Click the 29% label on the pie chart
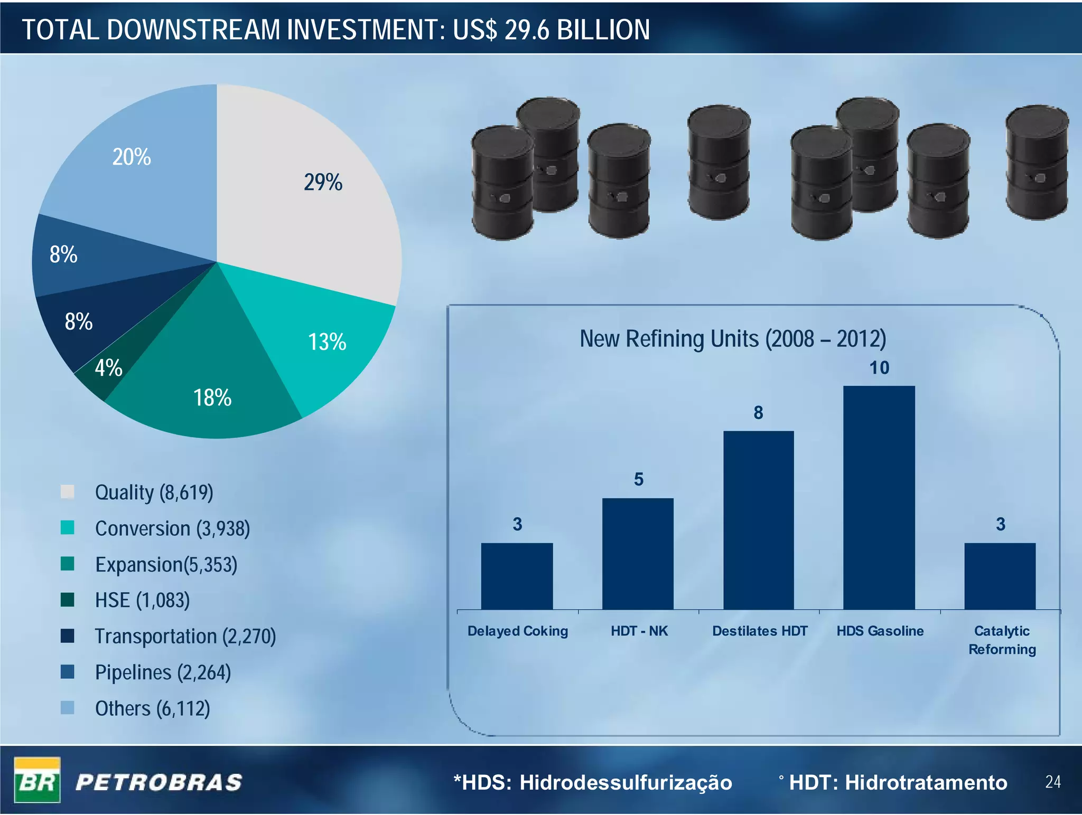click(x=323, y=183)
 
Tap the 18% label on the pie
click(x=212, y=398)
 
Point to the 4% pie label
click(x=108, y=368)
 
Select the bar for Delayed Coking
click(x=517, y=576)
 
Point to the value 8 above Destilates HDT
click(x=758, y=413)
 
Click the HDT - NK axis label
click(x=639, y=631)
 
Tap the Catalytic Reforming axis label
click(x=1002, y=640)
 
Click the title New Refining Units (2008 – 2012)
click(x=733, y=339)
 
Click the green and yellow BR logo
click(x=37, y=780)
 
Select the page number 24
click(x=1052, y=782)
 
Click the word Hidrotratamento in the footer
click(x=926, y=782)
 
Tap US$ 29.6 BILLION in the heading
click(x=551, y=30)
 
